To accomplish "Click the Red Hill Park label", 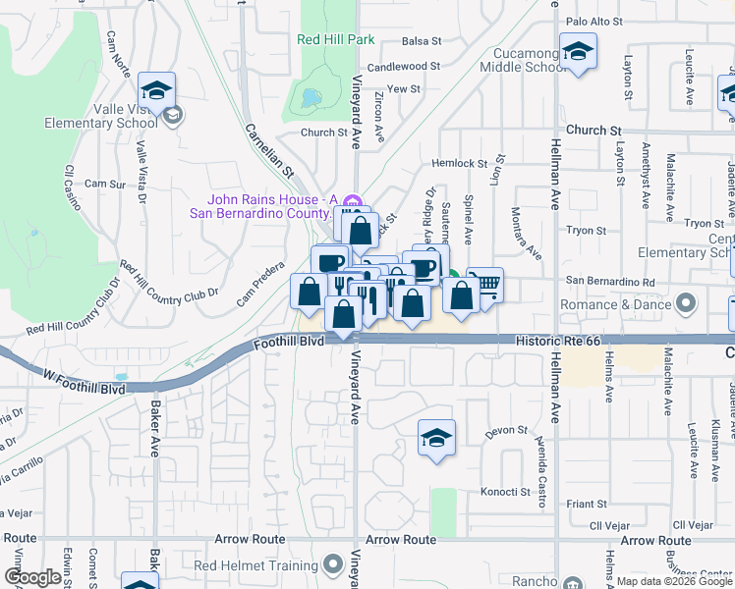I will (x=336, y=40).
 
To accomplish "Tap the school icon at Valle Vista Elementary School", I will (x=156, y=92).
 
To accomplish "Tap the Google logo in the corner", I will (x=32, y=578).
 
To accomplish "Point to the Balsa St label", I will (x=423, y=41).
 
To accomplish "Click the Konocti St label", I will (x=505, y=492).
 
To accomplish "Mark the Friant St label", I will (x=588, y=504).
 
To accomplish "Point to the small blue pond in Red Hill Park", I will (x=311, y=98).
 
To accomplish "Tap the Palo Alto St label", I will (x=595, y=21).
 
